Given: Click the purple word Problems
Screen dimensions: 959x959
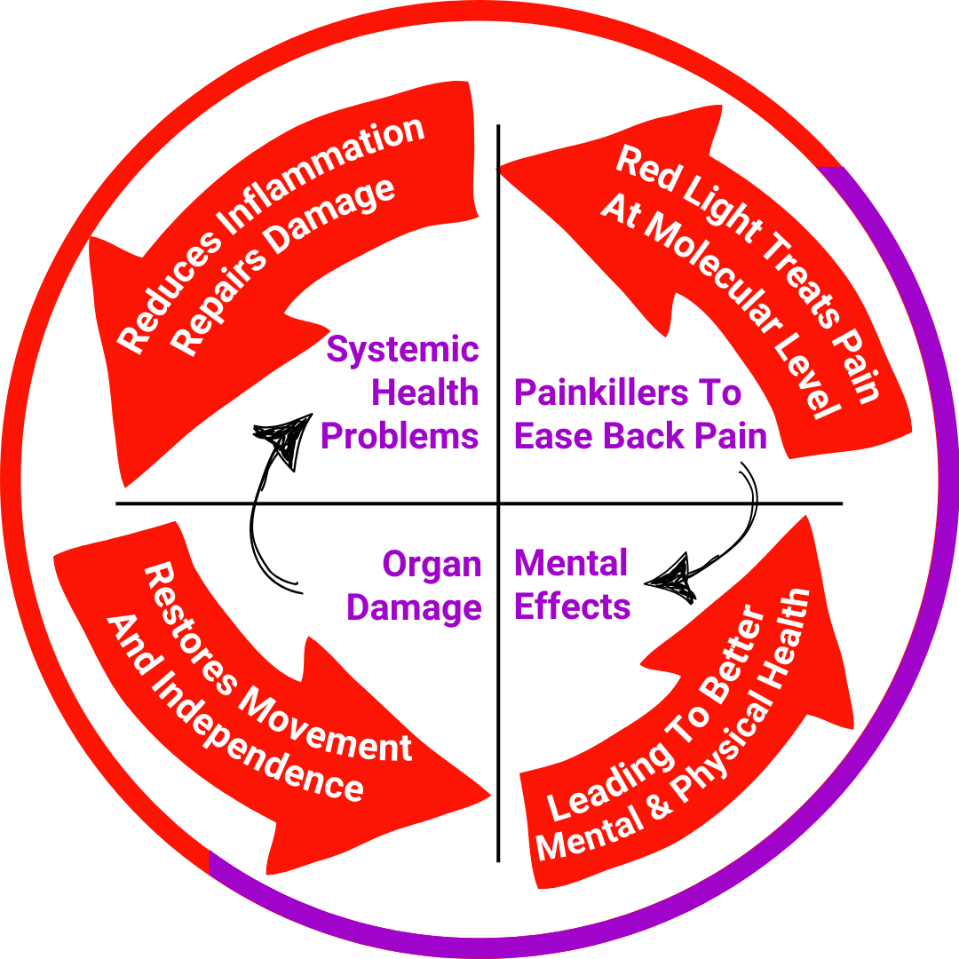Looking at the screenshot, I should coord(400,436).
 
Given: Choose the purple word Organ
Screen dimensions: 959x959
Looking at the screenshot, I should coord(432,564).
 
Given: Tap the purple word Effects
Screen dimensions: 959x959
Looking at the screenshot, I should coord(572,607).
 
